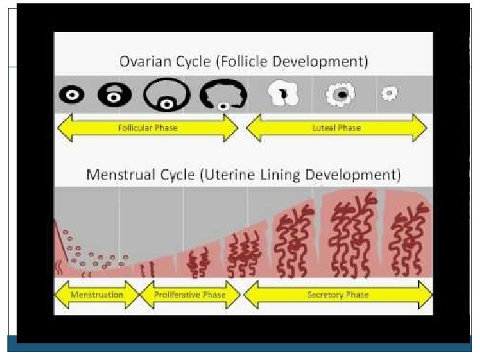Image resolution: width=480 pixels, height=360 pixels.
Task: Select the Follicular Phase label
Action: [x=148, y=127]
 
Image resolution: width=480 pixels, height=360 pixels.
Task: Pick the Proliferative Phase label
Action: [x=189, y=295]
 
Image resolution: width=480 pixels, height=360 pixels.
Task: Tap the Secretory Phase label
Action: [x=337, y=295]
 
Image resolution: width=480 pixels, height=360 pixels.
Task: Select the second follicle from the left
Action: [x=115, y=95]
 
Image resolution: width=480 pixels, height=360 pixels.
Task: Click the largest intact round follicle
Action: [x=166, y=95]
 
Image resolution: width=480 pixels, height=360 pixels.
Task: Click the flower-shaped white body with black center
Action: [x=341, y=95]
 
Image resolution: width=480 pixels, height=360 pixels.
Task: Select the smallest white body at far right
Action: [x=389, y=95]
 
